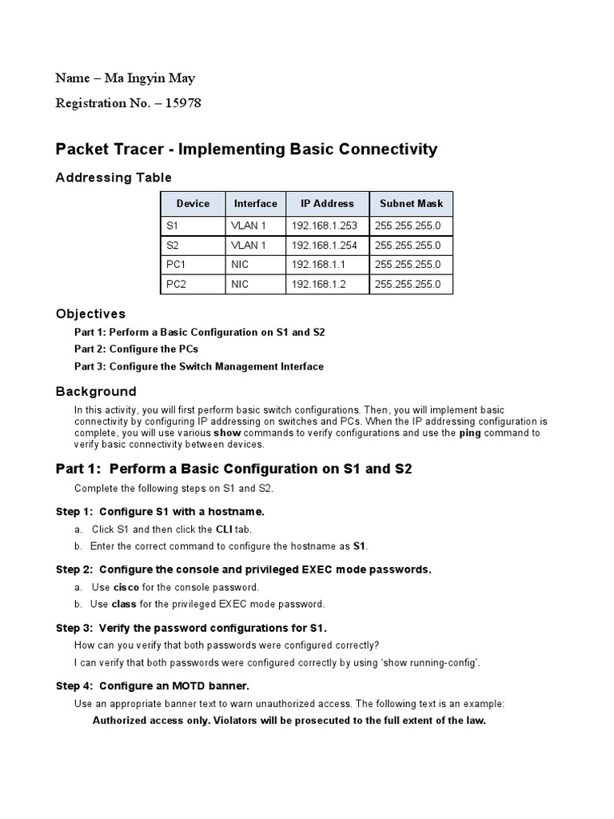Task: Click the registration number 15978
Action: tap(183, 102)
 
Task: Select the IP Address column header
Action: tap(328, 204)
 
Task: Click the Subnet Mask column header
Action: tap(411, 204)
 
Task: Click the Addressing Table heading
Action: tap(114, 178)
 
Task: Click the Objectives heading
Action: tap(90, 314)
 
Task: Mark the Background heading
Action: tap(96, 391)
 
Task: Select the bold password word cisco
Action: tap(126, 587)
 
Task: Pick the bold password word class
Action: tap(124, 604)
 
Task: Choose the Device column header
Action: tap(193, 204)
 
